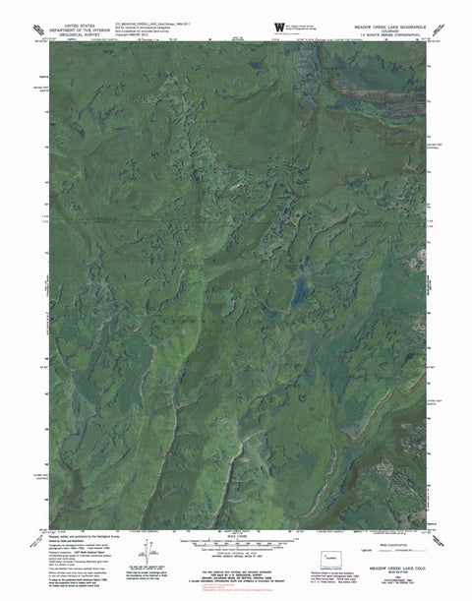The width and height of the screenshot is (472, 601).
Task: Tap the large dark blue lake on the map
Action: pyautogui.click(x=297, y=291)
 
